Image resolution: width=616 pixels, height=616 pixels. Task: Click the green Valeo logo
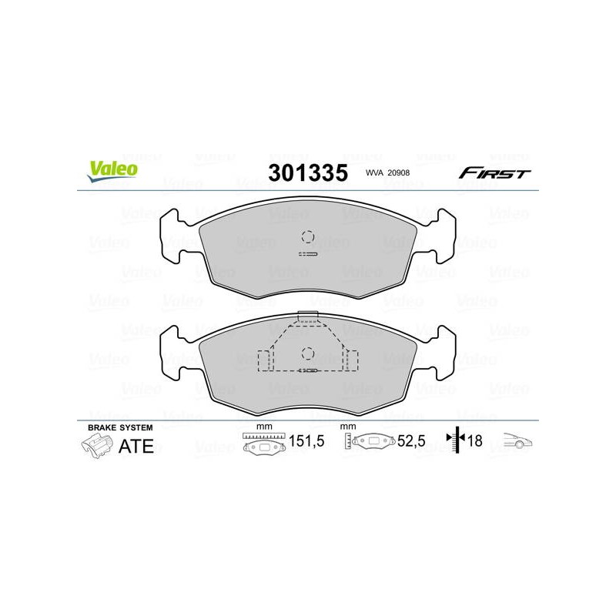pos(112,171)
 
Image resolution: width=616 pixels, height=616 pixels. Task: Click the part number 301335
pos(308,172)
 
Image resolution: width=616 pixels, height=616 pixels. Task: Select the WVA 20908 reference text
pos(387,172)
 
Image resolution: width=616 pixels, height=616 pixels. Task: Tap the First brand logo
pos(494,172)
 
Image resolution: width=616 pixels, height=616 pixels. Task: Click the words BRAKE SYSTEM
pos(120,427)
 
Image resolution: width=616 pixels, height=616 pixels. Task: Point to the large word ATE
pos(136,447)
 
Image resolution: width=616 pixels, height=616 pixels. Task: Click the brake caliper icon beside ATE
pos(97,447)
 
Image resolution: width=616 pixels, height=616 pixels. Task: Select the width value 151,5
pos(306,441)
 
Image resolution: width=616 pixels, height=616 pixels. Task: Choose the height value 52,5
pos(411,441)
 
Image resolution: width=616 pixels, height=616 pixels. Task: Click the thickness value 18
pos(475,441)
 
